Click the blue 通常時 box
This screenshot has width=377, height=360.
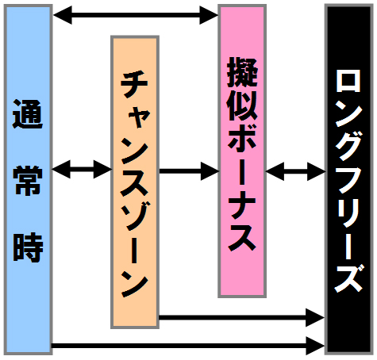(28, 179)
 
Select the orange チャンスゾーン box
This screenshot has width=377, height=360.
(135, 182)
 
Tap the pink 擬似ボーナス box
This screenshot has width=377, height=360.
(242, 151)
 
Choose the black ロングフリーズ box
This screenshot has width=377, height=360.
(349, 179)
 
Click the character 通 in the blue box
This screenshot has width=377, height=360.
(28, 114)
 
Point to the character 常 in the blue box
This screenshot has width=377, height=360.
(28, 181)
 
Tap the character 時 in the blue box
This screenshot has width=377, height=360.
(28, 247)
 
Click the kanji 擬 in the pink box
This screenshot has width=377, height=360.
(242, 72)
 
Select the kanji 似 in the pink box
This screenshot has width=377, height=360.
(242, 105)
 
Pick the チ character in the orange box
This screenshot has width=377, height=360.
(134, 84)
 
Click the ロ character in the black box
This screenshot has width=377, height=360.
(348, 80)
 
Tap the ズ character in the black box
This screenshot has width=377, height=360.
(348, 278)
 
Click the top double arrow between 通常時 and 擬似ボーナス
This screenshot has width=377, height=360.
(136, 15)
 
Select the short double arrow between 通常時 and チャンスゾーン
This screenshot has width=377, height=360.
(82, 169)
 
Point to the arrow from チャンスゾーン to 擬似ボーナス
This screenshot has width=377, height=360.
(189, 171)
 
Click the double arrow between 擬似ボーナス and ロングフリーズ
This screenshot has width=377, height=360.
(295, 171)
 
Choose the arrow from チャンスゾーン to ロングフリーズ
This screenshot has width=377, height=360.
(242, 317)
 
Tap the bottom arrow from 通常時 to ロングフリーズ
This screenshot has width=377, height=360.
(188, 346)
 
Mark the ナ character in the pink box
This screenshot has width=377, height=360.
(242, 205)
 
